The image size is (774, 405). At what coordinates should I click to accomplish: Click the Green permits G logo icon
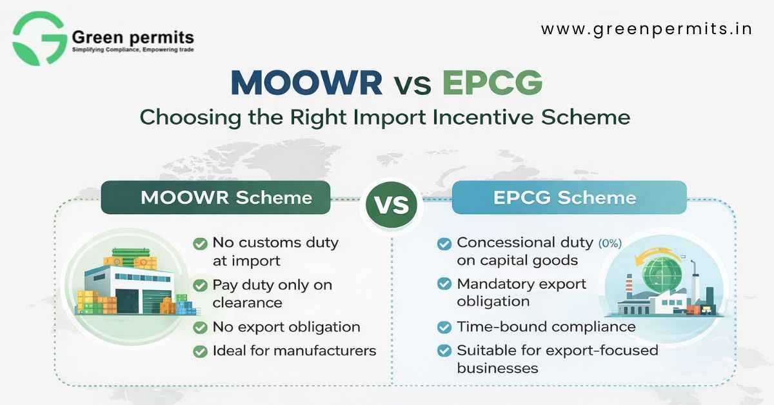click(39, 38)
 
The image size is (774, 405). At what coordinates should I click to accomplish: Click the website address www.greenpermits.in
click(646, 29)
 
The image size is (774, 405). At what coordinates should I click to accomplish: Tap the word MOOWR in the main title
click(306, 83)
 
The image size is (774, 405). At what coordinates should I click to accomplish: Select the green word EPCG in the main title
click(492, 83)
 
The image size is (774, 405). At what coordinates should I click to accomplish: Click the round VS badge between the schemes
click(392, 204)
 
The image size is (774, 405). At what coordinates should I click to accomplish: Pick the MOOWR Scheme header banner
click(215, 197)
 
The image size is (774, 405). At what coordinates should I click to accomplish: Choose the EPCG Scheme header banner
click(569, 197)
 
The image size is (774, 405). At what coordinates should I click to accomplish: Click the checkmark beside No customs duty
click(200, 244)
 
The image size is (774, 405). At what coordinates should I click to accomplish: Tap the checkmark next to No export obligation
click(200, 327)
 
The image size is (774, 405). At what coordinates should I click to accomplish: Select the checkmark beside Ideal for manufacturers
click(200, 351)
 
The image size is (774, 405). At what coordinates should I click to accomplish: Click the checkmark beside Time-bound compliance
click(444, 327)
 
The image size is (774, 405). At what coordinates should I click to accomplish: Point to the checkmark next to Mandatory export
click(444, 284)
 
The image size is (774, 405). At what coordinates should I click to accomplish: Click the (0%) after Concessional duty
click(610, 243)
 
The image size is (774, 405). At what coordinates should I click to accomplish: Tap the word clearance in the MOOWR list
click(248, 303)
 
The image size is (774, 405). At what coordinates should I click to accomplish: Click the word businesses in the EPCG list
click(497, 368)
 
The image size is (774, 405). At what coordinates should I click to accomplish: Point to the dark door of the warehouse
click(127, 301)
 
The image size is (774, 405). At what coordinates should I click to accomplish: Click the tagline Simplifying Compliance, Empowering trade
click(133, 50)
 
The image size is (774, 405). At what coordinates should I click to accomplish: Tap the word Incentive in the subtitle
click(483, 117)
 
